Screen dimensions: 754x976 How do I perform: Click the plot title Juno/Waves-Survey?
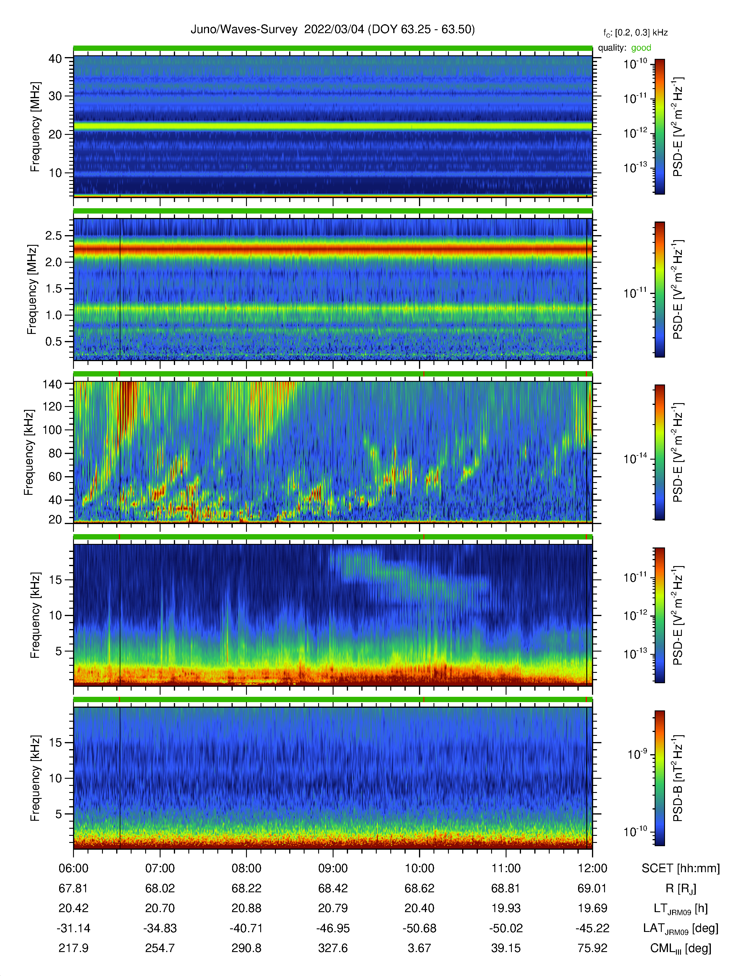244,30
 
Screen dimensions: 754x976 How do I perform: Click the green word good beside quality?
641,48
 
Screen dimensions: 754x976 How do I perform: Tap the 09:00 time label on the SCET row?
333,868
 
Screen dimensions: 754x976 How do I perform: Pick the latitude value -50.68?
420,928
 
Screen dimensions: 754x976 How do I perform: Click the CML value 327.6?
333,948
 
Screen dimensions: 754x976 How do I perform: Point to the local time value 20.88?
247,908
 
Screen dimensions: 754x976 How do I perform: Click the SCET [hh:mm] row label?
681,868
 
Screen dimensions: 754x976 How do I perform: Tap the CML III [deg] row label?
681,948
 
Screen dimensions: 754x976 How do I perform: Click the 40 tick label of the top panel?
55,59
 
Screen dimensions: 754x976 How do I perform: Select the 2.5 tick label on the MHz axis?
54,235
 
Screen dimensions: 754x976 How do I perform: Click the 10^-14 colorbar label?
635,458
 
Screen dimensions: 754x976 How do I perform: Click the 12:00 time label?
592,868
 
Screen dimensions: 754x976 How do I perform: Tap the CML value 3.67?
420,948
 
